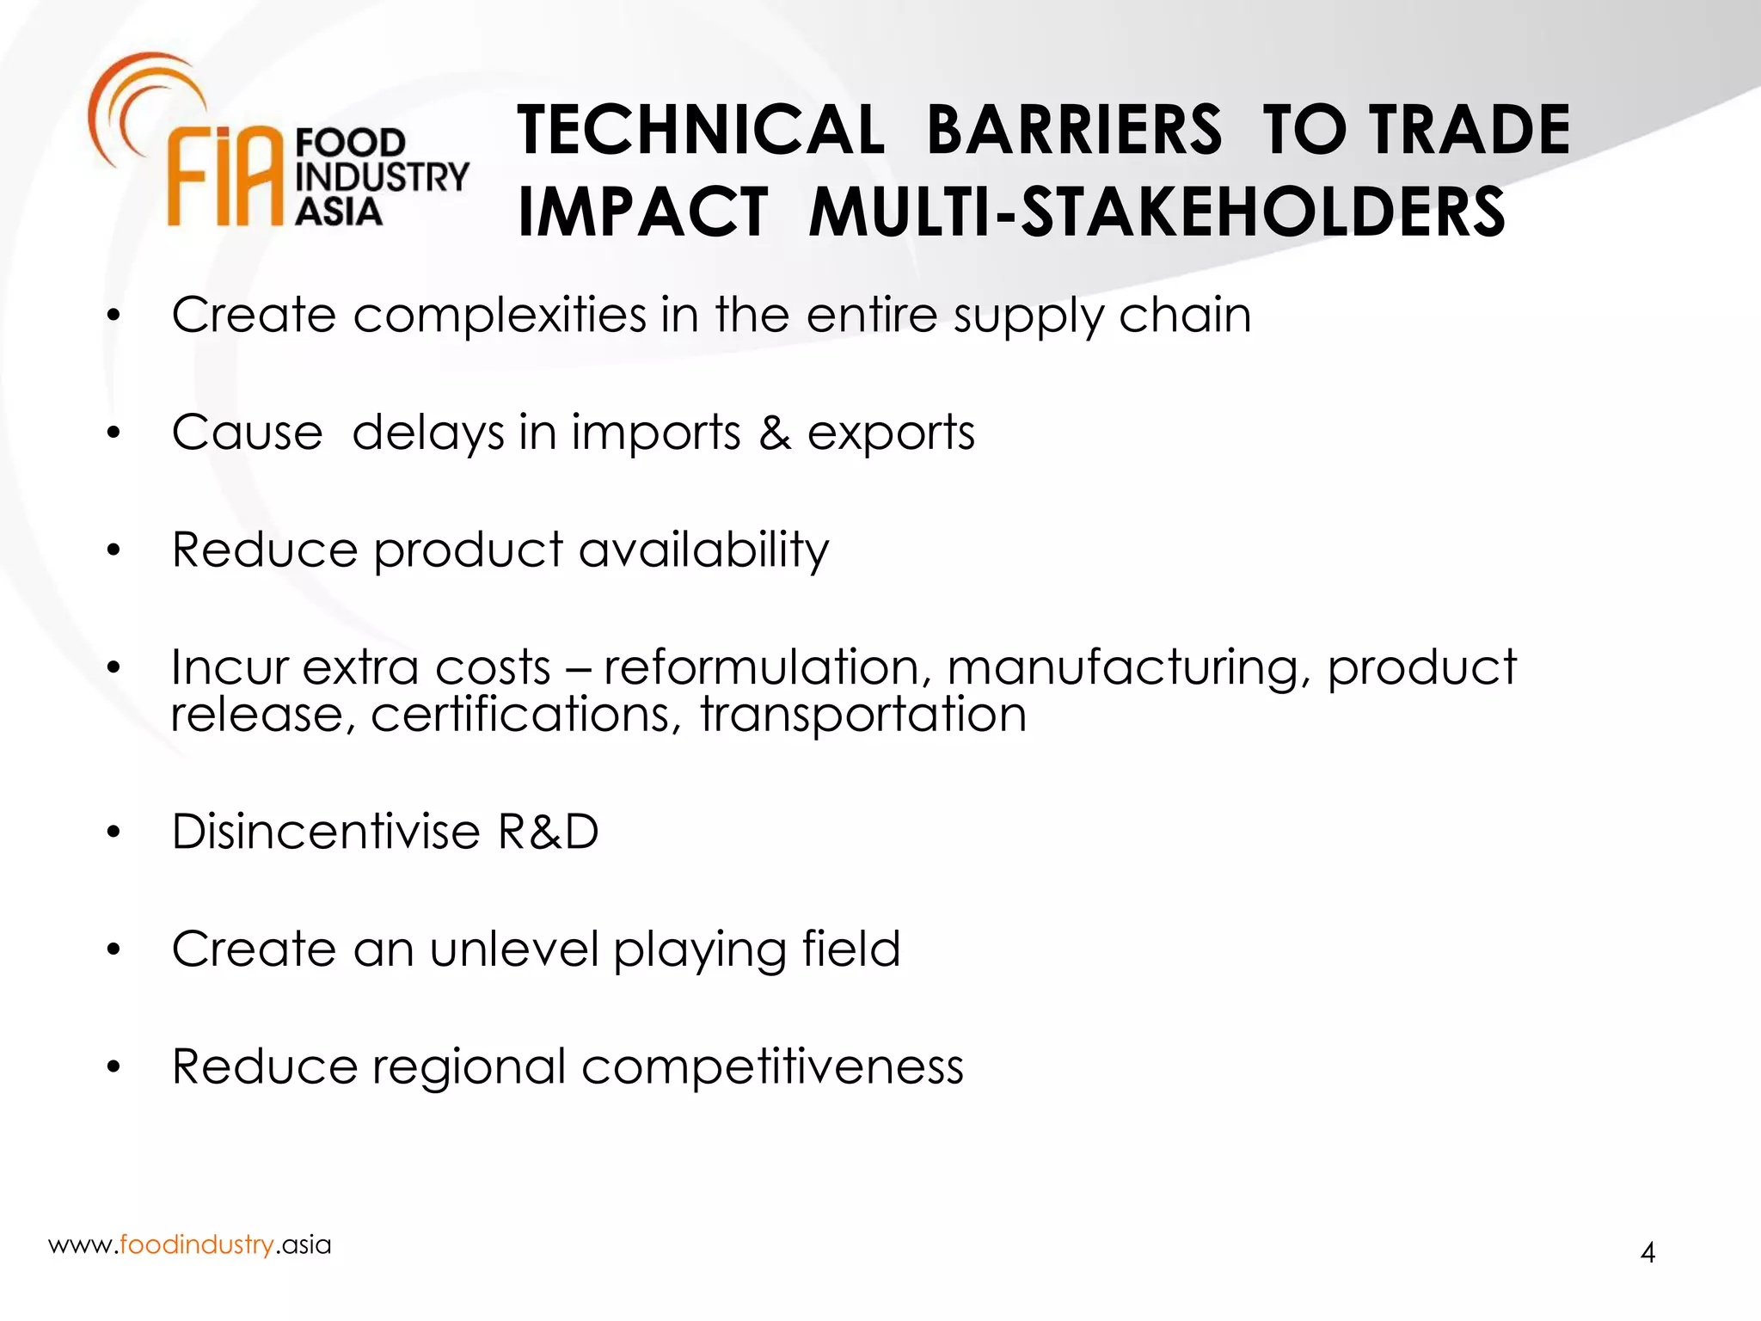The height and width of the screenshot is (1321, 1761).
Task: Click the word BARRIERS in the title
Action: click(1073, 130)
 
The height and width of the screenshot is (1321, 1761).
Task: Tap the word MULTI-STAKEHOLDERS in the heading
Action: click(1157, 212)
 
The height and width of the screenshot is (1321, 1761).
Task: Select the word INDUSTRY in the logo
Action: click(382, 177)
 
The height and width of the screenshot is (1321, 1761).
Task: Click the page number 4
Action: click(1647, 1252)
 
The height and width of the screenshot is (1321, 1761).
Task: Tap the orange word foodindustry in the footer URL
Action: click(197, 1244)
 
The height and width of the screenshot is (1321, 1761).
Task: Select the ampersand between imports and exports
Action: click(774, 432)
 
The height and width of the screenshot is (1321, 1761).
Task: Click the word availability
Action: click(703, 550)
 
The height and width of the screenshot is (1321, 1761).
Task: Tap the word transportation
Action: click(863, 715)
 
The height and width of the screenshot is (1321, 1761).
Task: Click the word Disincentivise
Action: click(325, 832)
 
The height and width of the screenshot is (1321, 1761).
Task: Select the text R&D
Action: click(548, 832)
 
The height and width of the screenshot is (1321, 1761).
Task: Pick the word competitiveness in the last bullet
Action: click(772, 1067)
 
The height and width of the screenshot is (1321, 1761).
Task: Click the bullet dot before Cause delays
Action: click(114, 433)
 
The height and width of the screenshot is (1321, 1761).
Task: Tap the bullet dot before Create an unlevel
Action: click(114, 950)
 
